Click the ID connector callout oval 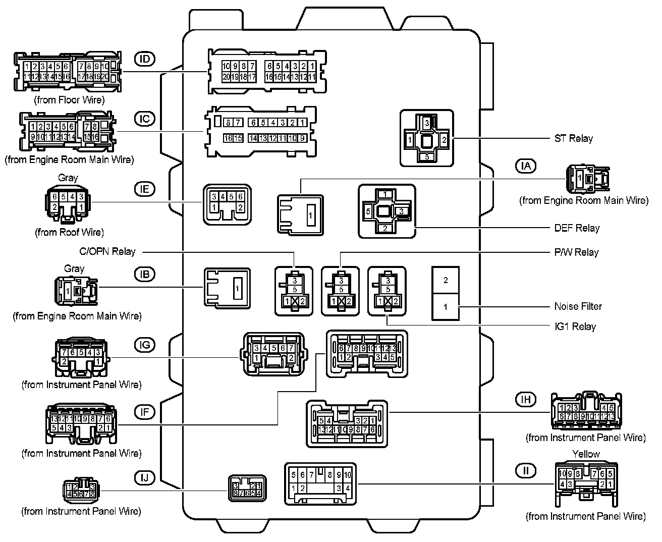(145, 59)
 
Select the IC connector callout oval (145, 119)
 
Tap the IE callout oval (145, 189)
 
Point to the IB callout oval (145, 274)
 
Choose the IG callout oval (145, 345)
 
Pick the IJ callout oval (145, 477)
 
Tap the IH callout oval (526, 399)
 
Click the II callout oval (526, 471)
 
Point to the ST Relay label (573, 138)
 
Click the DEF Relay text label (577, 228)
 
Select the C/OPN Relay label (107, 251)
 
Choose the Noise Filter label (578, 306)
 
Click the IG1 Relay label (575, 327)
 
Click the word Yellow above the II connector (586, 454)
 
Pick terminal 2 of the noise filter (446, 280)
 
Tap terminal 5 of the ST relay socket (427, 156)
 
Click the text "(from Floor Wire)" (70, 100)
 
